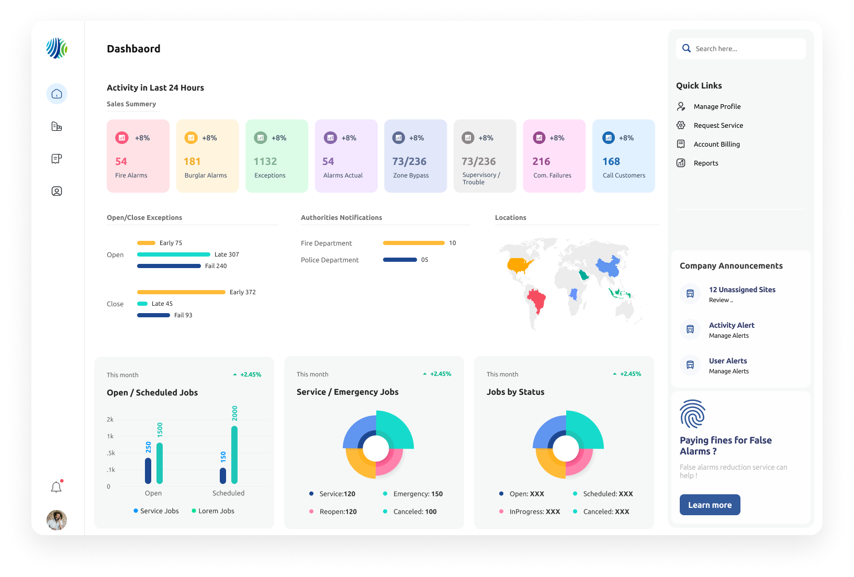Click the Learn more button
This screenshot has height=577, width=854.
click(710, 505)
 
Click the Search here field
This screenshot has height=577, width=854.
click(743, 49)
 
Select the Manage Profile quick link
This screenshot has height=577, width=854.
click(717, 106)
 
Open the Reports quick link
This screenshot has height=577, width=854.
click(705, 163)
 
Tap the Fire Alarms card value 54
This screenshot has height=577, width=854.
click(121, 162)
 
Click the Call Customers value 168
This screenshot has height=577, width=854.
click(611, 162)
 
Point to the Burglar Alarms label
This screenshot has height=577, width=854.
click(206, 175)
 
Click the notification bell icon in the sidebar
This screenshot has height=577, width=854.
click(57, 487)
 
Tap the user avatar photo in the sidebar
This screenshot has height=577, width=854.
click(57, 520)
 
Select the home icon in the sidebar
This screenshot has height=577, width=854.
click(57, 94)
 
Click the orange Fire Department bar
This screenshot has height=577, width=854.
click(413, 243)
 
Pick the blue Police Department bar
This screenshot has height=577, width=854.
click(400, 260)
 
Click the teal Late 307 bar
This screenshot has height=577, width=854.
click(173, 254)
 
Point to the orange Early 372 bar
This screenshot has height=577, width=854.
click(181, 292)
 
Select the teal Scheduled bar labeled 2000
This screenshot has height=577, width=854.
click(234, 454)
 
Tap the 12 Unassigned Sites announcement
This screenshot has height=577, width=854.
click(742, 290)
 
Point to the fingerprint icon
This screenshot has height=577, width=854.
click(692, 414)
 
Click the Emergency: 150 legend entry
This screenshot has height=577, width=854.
click(418, 494)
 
